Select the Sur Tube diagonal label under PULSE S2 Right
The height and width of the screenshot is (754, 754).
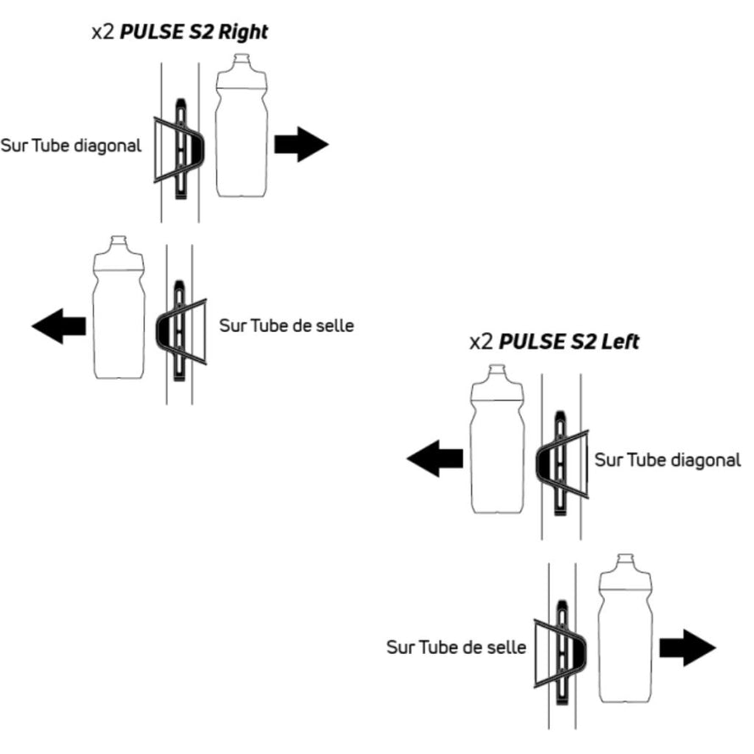click(71, 145)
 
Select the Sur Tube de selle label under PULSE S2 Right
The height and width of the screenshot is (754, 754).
click(286, 324)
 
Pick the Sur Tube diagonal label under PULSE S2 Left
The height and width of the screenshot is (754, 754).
click(668, 460)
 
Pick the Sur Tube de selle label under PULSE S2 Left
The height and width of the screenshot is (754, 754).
click(456, 647)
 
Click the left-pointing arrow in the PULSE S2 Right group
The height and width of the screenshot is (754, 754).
click(59, 325)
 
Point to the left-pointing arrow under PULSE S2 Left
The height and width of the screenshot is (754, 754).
click(435, 458)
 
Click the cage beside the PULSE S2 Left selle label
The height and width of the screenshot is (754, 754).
click(559, 650)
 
